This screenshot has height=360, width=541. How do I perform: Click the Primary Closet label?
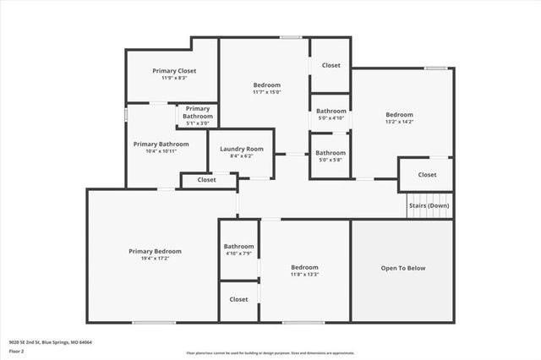[x=174, y=71]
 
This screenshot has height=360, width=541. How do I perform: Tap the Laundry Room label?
[x=242, y=149]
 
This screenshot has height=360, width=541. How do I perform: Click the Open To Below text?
[x=403, y=268]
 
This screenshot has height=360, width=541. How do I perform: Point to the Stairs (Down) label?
[x=429, y=206]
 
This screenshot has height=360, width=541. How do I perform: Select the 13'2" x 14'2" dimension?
[x=399, y=122]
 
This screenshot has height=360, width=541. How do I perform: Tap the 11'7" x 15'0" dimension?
[x=266, y=92]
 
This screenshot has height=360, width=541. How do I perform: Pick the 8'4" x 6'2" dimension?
[x=242, y=156]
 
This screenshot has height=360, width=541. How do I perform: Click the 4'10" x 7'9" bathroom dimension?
[x=239, y=254]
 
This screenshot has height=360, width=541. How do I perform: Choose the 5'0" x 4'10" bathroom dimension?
[x=331, y=118]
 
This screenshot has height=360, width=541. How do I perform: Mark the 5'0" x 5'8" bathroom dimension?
[x=331, y=160]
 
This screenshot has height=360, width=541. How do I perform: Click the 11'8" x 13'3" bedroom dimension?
[x=304, y=273]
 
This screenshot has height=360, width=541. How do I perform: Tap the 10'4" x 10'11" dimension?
[x=161, y=151]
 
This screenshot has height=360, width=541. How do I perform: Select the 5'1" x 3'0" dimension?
[x=198, y=123]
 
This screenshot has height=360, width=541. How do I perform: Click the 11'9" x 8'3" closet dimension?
[x=174, y=79]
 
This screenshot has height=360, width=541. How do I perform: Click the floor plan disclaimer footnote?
[x=270, y=352]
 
